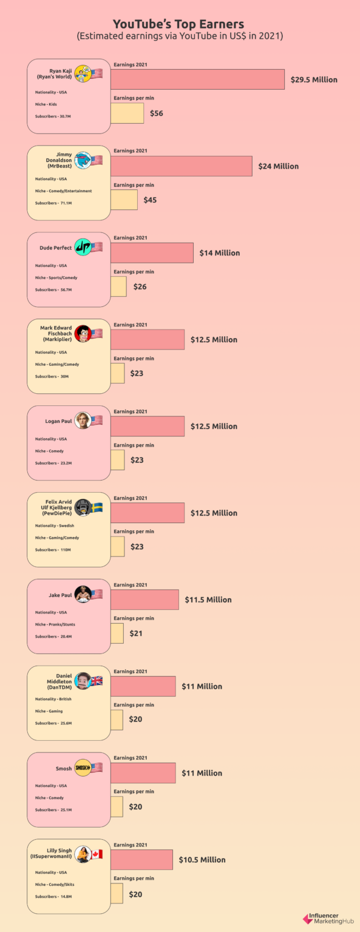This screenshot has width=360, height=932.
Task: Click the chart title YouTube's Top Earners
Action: [x=179, y=24]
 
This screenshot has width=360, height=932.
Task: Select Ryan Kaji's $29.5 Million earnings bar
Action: [x=197, y=79]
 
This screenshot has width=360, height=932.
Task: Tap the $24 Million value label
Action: [x=278, y=166]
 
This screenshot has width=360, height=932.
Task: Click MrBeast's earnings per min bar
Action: [x=124, y=200]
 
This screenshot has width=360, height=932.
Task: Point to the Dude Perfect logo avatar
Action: [x=82, y=247]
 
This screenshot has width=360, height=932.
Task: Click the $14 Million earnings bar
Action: [x=152, y=253]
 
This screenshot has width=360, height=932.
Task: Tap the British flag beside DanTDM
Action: [x=97, y=681]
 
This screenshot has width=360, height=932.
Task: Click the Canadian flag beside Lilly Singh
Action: [x=97, y=854]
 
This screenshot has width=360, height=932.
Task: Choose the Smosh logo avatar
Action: [x=83, y=768]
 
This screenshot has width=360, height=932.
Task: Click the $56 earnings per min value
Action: [x=157, y=113]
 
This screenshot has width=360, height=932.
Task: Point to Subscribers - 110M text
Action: [x=53, y=550]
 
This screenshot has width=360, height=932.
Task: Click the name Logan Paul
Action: [x=58, y=421]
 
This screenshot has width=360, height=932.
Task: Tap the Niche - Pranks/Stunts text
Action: [x=55, y=624]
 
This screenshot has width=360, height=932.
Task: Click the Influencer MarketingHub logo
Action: [x=328, y=919]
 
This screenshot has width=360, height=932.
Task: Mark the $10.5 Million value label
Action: [x=202, y=860]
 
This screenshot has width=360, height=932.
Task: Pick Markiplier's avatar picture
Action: [x=83, y=334]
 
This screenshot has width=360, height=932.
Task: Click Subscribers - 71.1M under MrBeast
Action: [x=54, y=203]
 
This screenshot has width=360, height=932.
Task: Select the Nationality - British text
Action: [x=53, y=699]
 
